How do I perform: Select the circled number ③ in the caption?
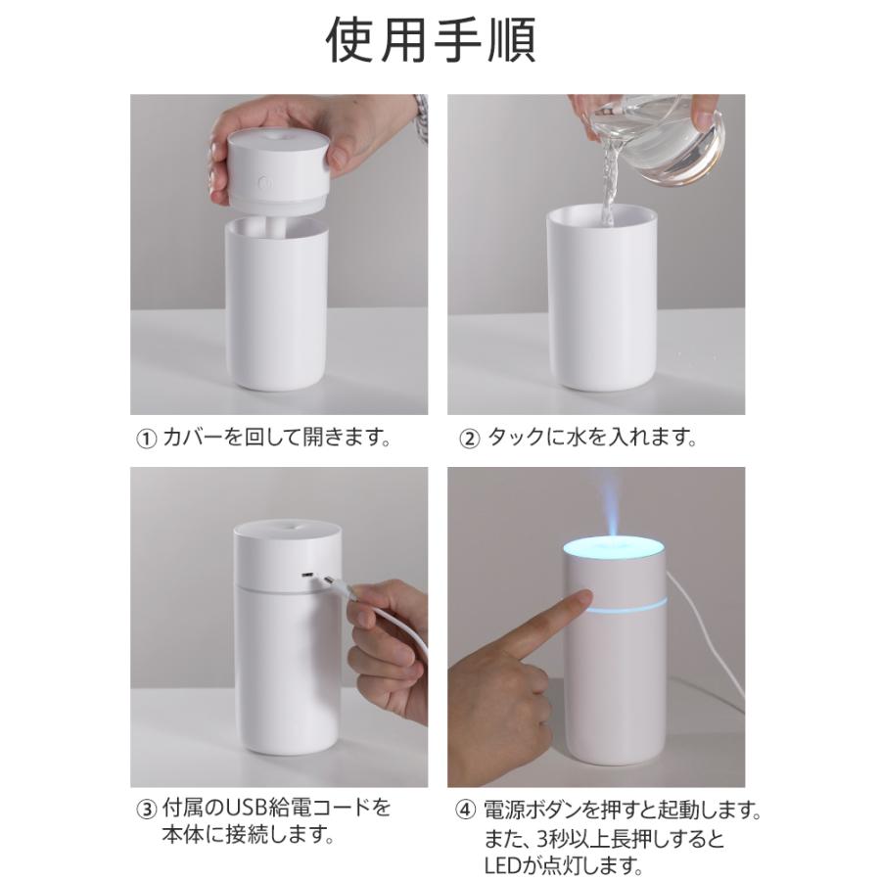tap(146, 810)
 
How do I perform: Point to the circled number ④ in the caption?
tap(466, 811)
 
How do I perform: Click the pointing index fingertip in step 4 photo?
tap(587, 599)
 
